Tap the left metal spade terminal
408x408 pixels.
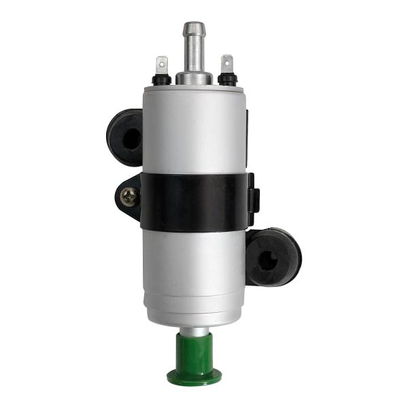[161, 65]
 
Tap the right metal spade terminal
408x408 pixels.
[226, 64]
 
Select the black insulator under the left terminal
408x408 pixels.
[161, 80]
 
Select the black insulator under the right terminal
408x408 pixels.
[227, 79]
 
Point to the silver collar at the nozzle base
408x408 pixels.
[194, 77]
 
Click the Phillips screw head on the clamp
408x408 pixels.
[129, 197]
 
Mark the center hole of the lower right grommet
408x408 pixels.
[269, 259]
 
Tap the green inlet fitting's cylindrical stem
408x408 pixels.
[194, 350]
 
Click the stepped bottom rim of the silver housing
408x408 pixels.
[194, 314]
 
